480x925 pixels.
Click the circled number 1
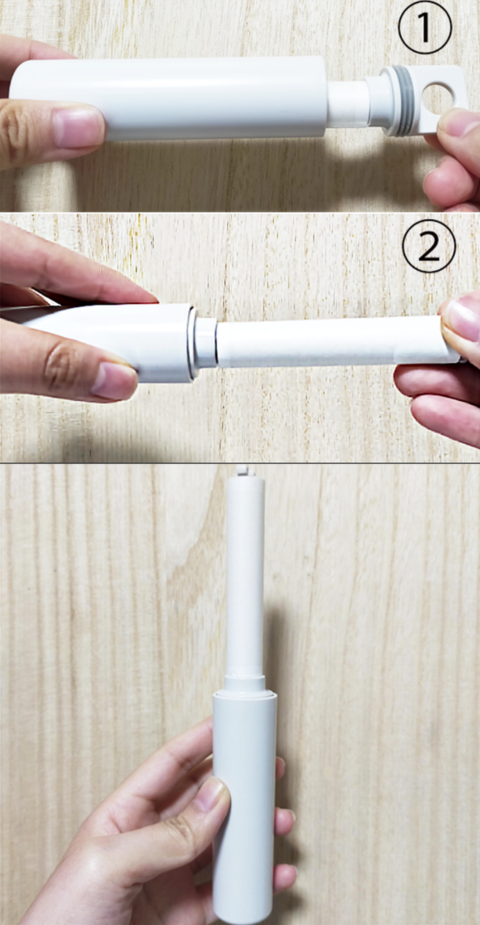pyautogui.click(x=424, y=27)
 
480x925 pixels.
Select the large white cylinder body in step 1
pyautogui.click(x=169, y=98)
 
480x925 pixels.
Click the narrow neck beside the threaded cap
pyautogui.click(x=347, y=103)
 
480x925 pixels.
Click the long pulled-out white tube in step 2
pyautogui.click(x=337, y=342)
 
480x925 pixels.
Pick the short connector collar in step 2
pyautogui.click(x=205, y=343)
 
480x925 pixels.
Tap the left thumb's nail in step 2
pyautogui.click(x=114, y=381)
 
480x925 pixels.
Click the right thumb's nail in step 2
pyautogui.click(x=463, y=319)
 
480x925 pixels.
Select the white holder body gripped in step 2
pyautogui.click(x=100, y=341)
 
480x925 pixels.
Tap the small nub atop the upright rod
pyautogui.click(x=241, y=471)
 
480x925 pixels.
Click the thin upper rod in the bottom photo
pyautogui.click(x=245, y=577)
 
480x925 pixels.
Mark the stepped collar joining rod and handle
pyautogui.click(x=244, y=685)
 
